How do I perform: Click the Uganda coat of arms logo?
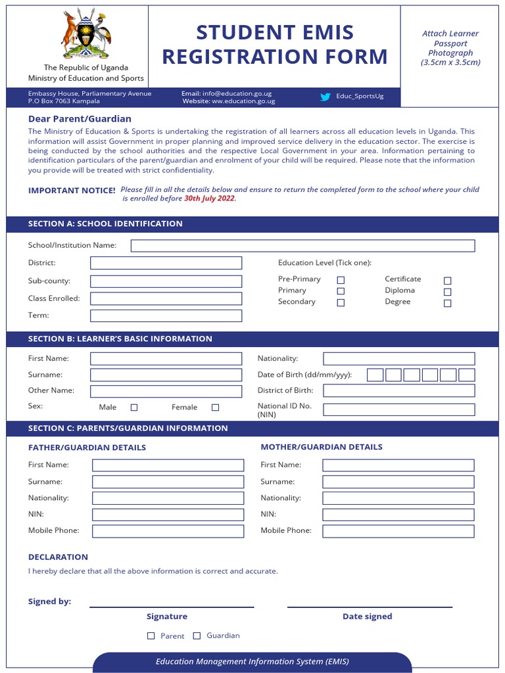click(86, 34)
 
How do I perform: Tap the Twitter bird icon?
click(325, 97)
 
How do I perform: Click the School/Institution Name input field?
click(302, 246)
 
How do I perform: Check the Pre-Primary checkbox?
click(341, 280)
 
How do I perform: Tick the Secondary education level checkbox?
click(341, 303)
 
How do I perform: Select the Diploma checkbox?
click(447, 292)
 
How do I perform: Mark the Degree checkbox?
click(447, 304)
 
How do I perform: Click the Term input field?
click(166, 315)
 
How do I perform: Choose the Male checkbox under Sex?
click(134, 407)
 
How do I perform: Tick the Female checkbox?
click(215, 407)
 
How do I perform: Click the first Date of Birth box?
click(375, 375)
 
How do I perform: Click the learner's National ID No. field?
click(398, 409)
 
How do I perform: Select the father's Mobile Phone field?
click(168, 531)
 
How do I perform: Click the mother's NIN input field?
click(398, 515)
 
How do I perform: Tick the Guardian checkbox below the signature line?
click(197, 636)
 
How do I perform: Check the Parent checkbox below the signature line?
click(151, 636)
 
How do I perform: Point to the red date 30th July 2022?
click(209, 198)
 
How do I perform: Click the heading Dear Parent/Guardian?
click(80, 119)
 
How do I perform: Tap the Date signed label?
click(367, 616)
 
